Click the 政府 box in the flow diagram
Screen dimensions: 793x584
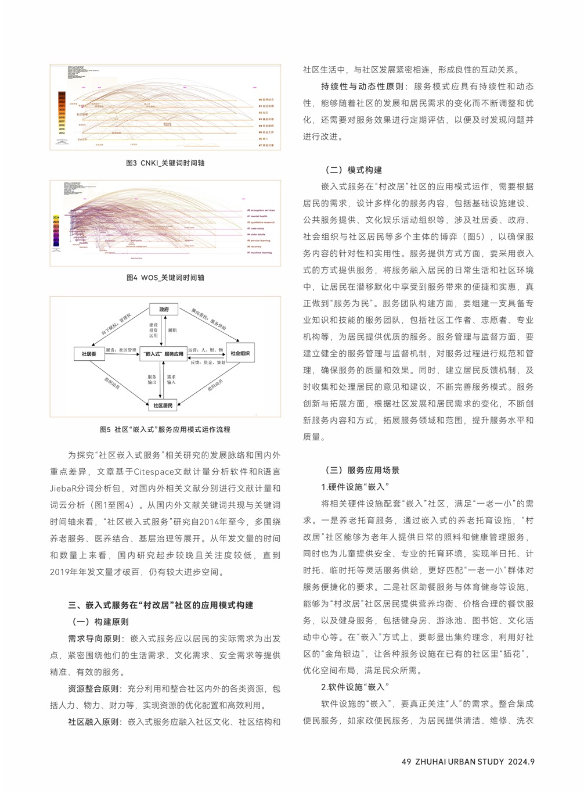click(x=164, y=310)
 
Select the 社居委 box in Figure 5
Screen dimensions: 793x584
click(x=89, y=354)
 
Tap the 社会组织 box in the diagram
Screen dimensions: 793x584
click(x=240, y=353)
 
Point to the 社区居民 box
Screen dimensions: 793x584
click(x=163, y=406)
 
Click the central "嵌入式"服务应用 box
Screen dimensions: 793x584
click(x=163, y=354)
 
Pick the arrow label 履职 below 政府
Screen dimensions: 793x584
click(x=172, y=330)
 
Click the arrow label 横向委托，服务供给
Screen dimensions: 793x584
click(x=209, y=320)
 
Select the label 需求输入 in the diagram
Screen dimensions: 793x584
click(x=171, y=379)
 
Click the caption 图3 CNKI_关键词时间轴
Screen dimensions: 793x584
click(x=165, y=163)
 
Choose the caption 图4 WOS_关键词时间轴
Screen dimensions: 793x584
click(x=165, y=278)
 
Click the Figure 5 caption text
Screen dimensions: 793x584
click(x=165, y=430)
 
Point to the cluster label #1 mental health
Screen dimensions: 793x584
click(x=257, y=216)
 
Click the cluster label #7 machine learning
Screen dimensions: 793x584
click(x=259, y=253)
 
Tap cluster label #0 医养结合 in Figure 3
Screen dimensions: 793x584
click(x=266, y=99)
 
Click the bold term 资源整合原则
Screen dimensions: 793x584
click(x=95, y=689)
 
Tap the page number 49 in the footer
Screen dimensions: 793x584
click(x=406, y=762)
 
